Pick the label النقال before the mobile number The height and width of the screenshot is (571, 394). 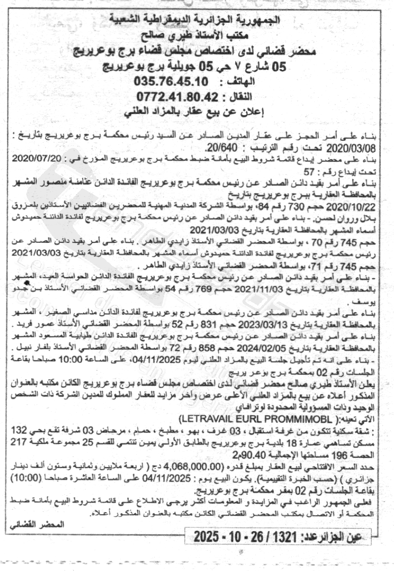(x=239, y=96)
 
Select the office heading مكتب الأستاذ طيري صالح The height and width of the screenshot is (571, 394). (x=199, y=35)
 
